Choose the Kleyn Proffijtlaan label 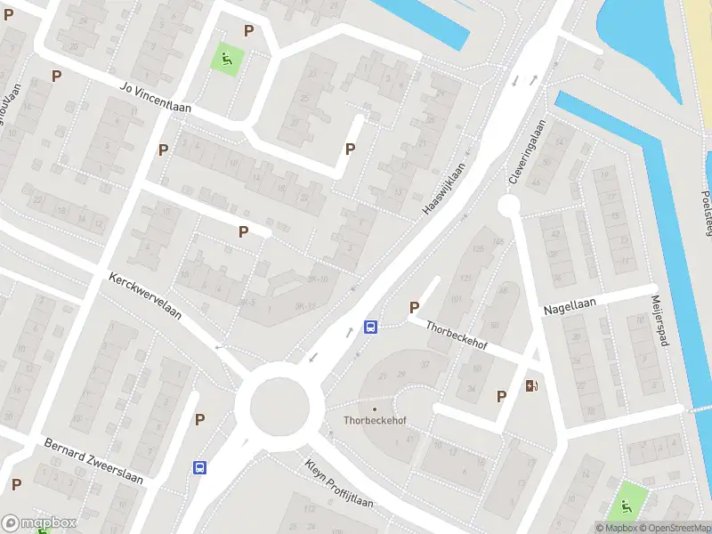click(x=338, y=483)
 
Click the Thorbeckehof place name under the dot click(x=375, y=421)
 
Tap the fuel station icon click(x=532, y=385)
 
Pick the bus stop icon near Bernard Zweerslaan click(x=199, y=466)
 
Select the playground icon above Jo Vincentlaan click(x=226, y=60)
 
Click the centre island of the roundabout click(x=279, y=406)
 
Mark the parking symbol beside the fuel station click(x=501, y=396)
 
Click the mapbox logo click(x=39, y=523)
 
